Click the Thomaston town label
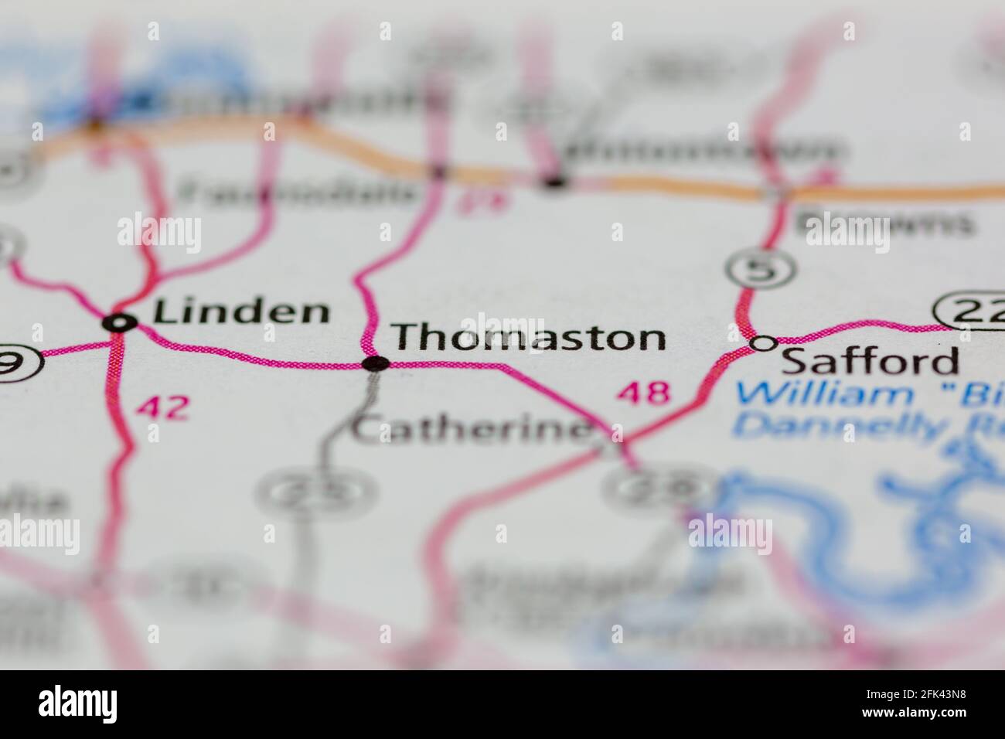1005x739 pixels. pos(528,338)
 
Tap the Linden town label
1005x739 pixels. pos(241,312)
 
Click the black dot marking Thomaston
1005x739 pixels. pos(376,363)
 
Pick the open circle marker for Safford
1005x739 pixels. pos(764,343)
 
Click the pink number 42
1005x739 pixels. pos(162,407)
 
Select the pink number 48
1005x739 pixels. pos(642,393)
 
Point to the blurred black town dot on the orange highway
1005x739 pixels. pos(554,182)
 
